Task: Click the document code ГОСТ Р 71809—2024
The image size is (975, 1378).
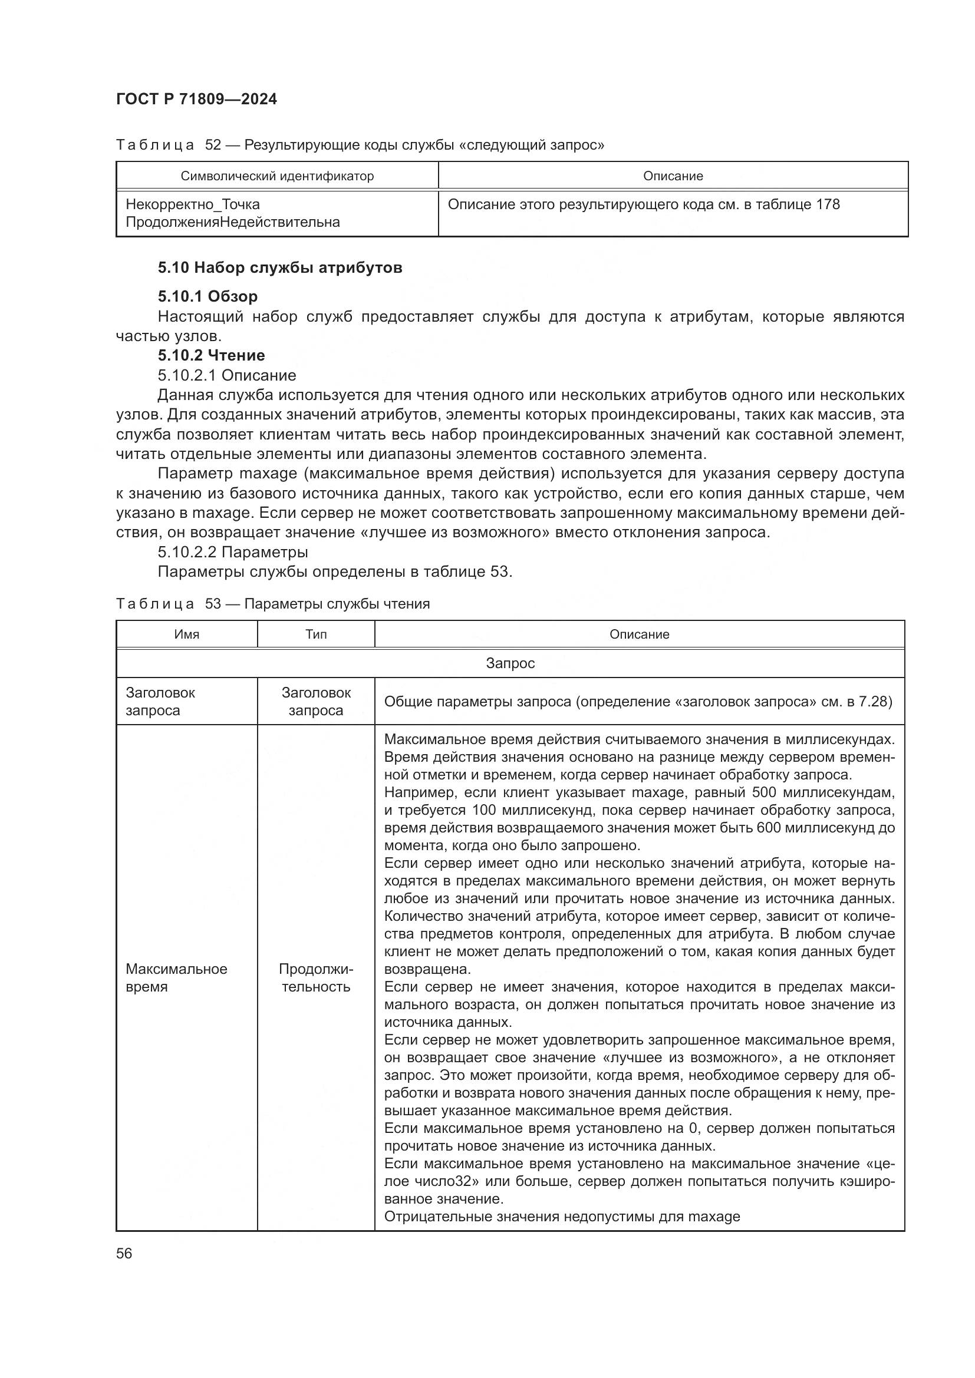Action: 196,100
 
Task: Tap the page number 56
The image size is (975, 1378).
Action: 124,1253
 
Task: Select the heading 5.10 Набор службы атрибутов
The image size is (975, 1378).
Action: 280,267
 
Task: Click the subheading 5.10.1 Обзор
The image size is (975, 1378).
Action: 207,296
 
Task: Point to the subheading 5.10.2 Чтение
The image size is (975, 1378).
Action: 212,355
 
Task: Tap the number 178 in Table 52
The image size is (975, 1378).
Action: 827,204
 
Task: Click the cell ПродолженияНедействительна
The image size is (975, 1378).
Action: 232,222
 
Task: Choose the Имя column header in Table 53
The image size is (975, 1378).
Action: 187,635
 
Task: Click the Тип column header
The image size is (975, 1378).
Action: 316,635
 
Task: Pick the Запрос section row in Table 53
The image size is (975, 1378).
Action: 510,663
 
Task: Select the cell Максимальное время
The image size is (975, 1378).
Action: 176,978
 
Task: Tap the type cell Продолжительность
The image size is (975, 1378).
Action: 316,978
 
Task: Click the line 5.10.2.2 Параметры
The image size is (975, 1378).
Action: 233,551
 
